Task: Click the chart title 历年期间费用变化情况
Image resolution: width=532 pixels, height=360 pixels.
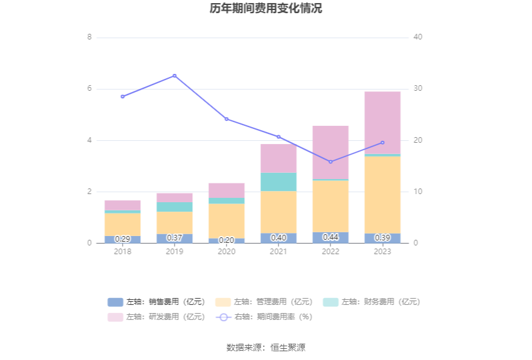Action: tap(266, 9)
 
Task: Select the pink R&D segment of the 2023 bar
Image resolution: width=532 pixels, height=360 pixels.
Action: tap(382, 122)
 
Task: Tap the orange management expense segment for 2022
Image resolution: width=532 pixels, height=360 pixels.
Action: tap(330, 206)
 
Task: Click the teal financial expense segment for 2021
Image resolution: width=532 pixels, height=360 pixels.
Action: tap(279, 182)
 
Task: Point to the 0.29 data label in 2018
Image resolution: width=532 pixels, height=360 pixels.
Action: tap(123, 239)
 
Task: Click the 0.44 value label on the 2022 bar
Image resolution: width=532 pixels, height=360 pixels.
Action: tap(330, 237)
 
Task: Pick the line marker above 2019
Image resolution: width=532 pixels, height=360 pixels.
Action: tap(175, 76)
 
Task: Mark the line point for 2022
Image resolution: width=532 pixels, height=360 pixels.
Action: tap(330, 162)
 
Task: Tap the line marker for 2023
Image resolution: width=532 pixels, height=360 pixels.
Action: tap(382, 143)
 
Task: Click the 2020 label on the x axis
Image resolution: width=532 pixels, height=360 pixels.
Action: tap(227, 252)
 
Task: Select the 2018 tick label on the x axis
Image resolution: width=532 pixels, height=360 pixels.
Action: tap(123, 252)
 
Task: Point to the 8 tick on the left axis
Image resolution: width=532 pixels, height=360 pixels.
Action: tap(90, 37)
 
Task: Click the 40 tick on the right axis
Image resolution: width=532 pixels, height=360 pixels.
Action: tap(418, 37)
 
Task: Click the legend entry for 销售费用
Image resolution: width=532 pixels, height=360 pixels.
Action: tap(156, 302)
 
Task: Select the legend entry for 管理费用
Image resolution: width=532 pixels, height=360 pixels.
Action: tap(263, 302)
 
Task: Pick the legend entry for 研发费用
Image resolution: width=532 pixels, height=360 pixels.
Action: tap(156, 317)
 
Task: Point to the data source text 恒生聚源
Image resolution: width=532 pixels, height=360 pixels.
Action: tap(288, 347)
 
